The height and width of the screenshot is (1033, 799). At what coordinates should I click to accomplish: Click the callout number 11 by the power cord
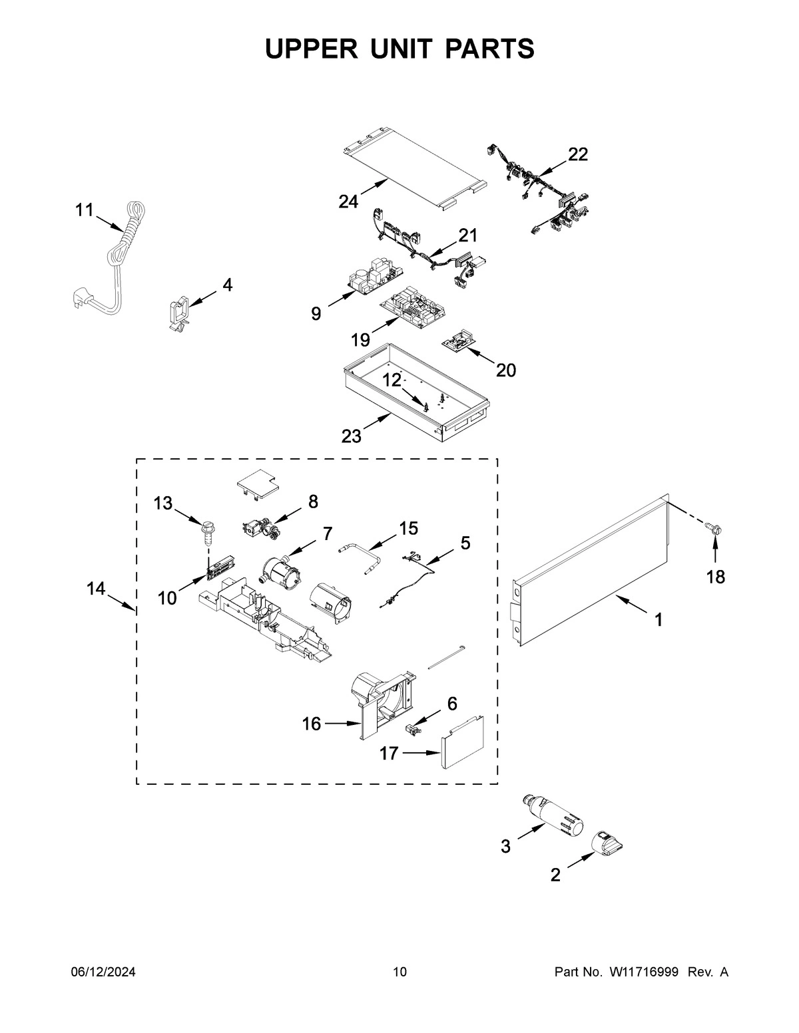(x=84, y=210)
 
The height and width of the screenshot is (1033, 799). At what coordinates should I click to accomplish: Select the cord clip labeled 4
(x=178, y=313)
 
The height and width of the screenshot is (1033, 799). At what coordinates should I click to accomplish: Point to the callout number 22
(x=578, y=154)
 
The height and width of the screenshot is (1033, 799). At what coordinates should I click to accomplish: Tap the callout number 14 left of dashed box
(x=96, y=589)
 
